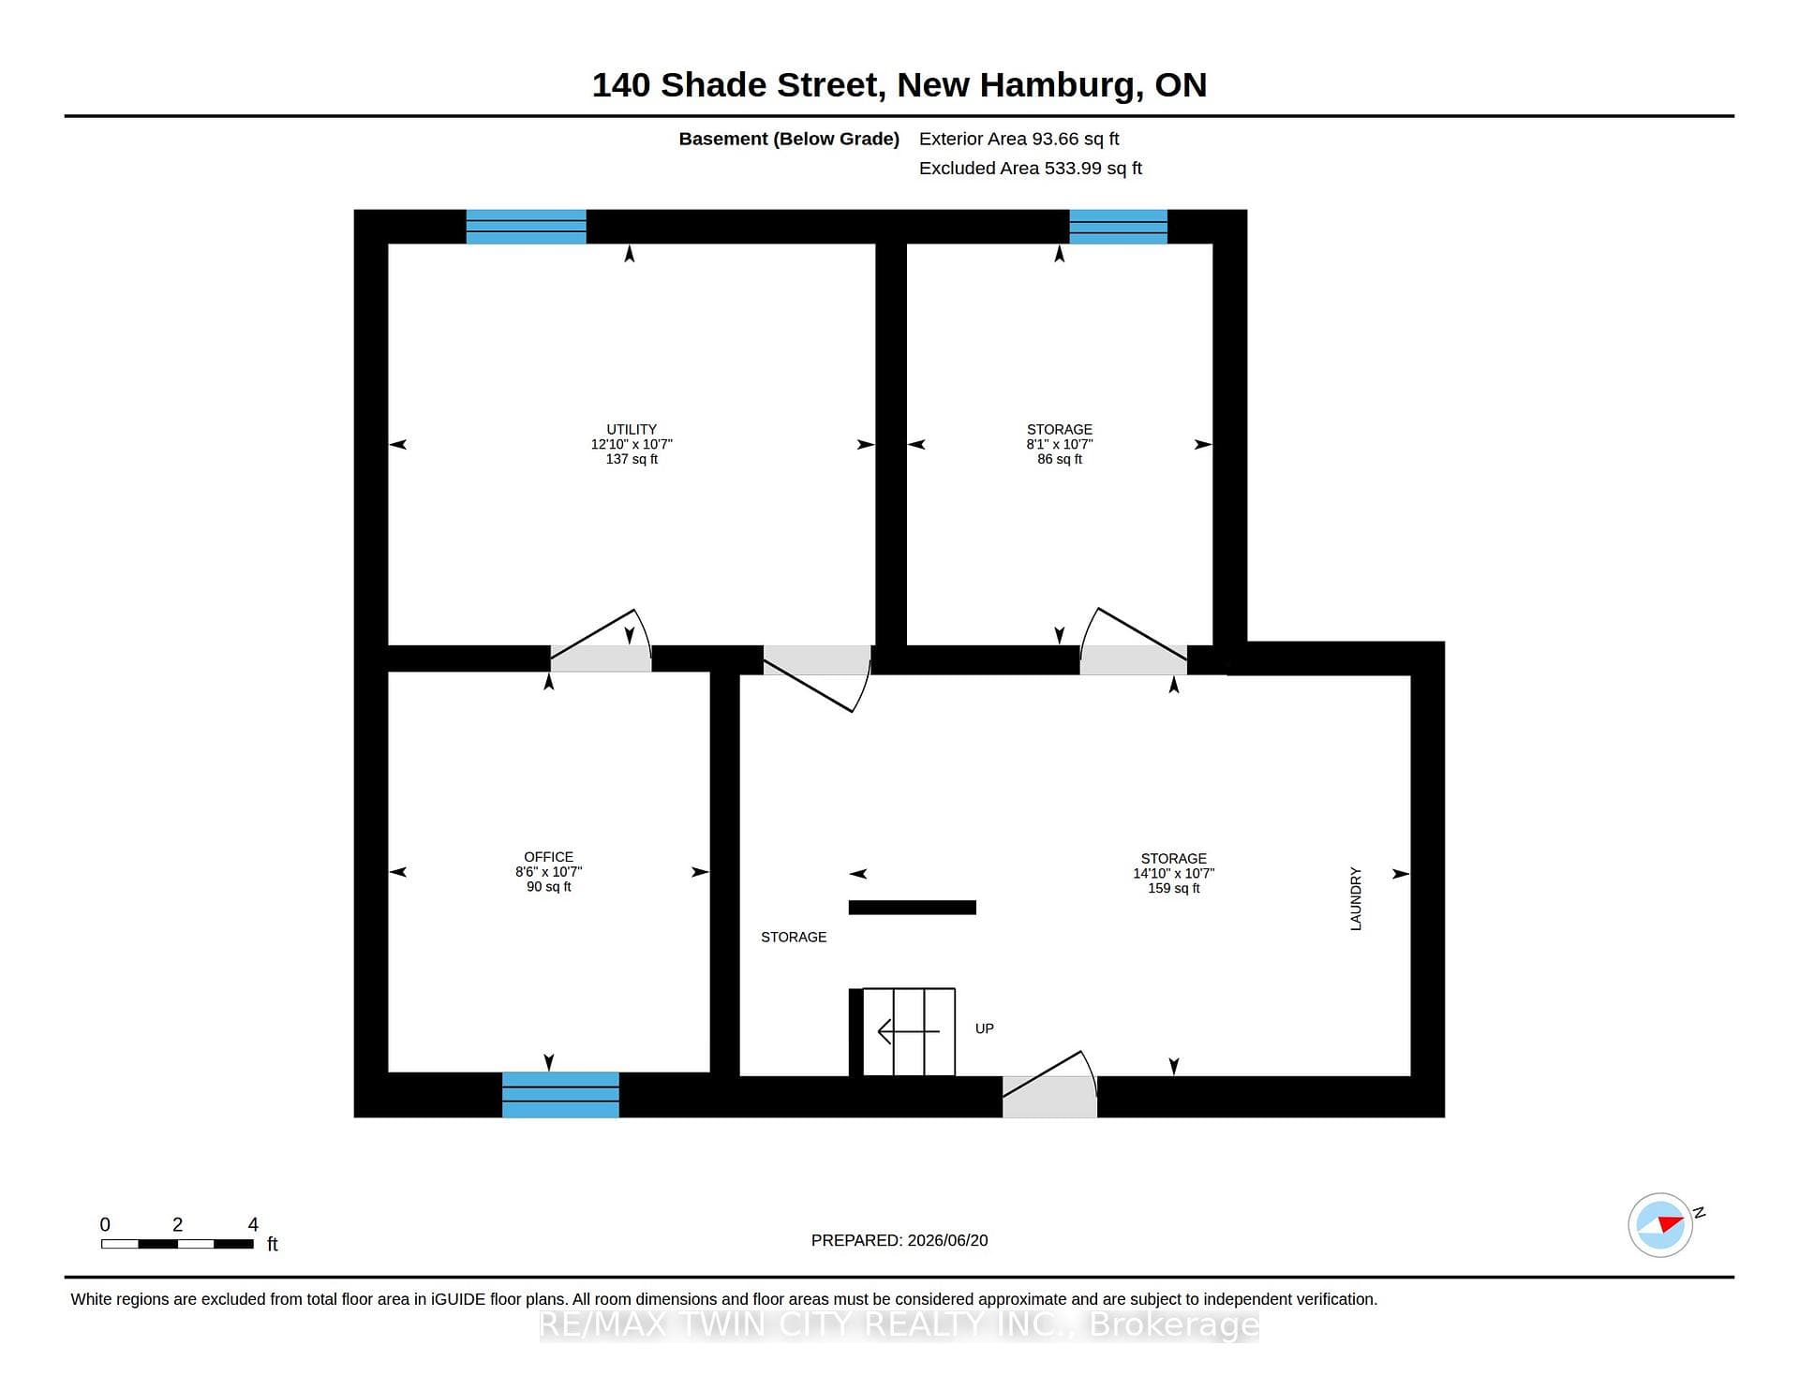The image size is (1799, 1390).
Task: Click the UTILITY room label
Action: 632,429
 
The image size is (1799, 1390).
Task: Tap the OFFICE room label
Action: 548,857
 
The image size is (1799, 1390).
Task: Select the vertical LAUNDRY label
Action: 1356,898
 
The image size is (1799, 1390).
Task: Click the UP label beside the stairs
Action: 984,1028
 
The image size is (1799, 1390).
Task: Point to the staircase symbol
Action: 902,1032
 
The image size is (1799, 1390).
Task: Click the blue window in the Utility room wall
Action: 527,227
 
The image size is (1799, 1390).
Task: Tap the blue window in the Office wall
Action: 560,1095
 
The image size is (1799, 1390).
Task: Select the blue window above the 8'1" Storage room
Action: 1119,227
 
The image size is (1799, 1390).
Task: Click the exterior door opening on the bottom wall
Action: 1049,1087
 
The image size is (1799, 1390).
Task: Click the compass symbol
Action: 1660,1224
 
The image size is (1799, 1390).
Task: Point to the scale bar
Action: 178,1244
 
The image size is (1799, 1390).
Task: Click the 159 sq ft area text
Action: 1174,888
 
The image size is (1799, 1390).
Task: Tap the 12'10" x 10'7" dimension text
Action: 632,444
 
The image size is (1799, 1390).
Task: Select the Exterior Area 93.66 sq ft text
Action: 1019,139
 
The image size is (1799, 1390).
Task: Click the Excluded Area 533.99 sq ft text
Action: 1031,168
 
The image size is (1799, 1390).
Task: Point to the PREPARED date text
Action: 899,1240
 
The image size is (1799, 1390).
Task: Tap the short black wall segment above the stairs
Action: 913,907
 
